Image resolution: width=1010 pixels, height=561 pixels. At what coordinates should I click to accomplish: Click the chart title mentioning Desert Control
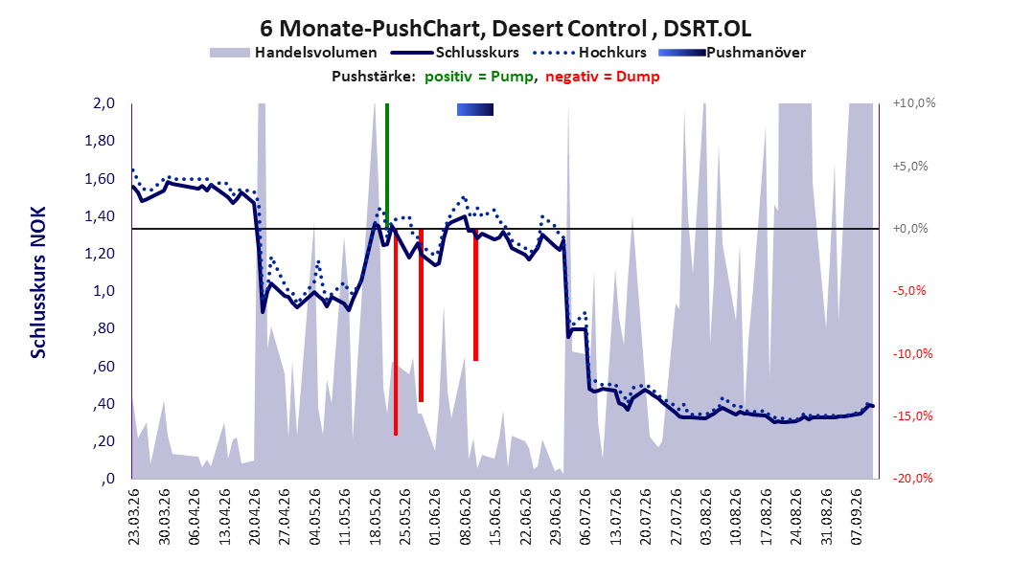(506, 29)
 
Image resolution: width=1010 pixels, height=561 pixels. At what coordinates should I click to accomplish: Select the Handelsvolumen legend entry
(293, 53)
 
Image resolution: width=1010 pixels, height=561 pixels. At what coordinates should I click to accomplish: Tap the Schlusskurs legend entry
(455, 53)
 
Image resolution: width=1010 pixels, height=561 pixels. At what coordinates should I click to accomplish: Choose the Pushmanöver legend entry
(732, 53)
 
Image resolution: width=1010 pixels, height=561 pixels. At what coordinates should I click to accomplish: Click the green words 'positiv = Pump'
(479, 77)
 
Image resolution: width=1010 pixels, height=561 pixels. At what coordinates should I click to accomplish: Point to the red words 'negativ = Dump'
(603, 77)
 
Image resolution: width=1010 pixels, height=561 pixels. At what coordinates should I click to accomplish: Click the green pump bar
(386, 166)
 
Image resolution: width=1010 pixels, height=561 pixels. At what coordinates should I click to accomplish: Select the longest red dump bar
(396, 332)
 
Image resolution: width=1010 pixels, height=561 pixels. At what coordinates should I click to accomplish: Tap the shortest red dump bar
(475, 295)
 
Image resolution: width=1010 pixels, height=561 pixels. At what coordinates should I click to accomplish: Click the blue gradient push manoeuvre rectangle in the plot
(475, 109)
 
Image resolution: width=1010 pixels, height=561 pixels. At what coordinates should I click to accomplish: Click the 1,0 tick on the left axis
(103, 291)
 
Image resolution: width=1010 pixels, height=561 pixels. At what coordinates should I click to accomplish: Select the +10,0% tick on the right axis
(914, 103)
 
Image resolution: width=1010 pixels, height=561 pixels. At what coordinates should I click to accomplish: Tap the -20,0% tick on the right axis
(912, 478)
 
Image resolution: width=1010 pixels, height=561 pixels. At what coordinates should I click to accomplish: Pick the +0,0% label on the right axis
(910, 229)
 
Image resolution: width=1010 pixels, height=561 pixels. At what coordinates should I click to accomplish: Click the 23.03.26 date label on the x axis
(134, 517)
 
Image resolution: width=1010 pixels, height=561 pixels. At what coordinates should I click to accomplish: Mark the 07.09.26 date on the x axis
(856, 517)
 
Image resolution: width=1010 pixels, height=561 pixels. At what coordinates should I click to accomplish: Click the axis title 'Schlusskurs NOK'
(38, 282)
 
